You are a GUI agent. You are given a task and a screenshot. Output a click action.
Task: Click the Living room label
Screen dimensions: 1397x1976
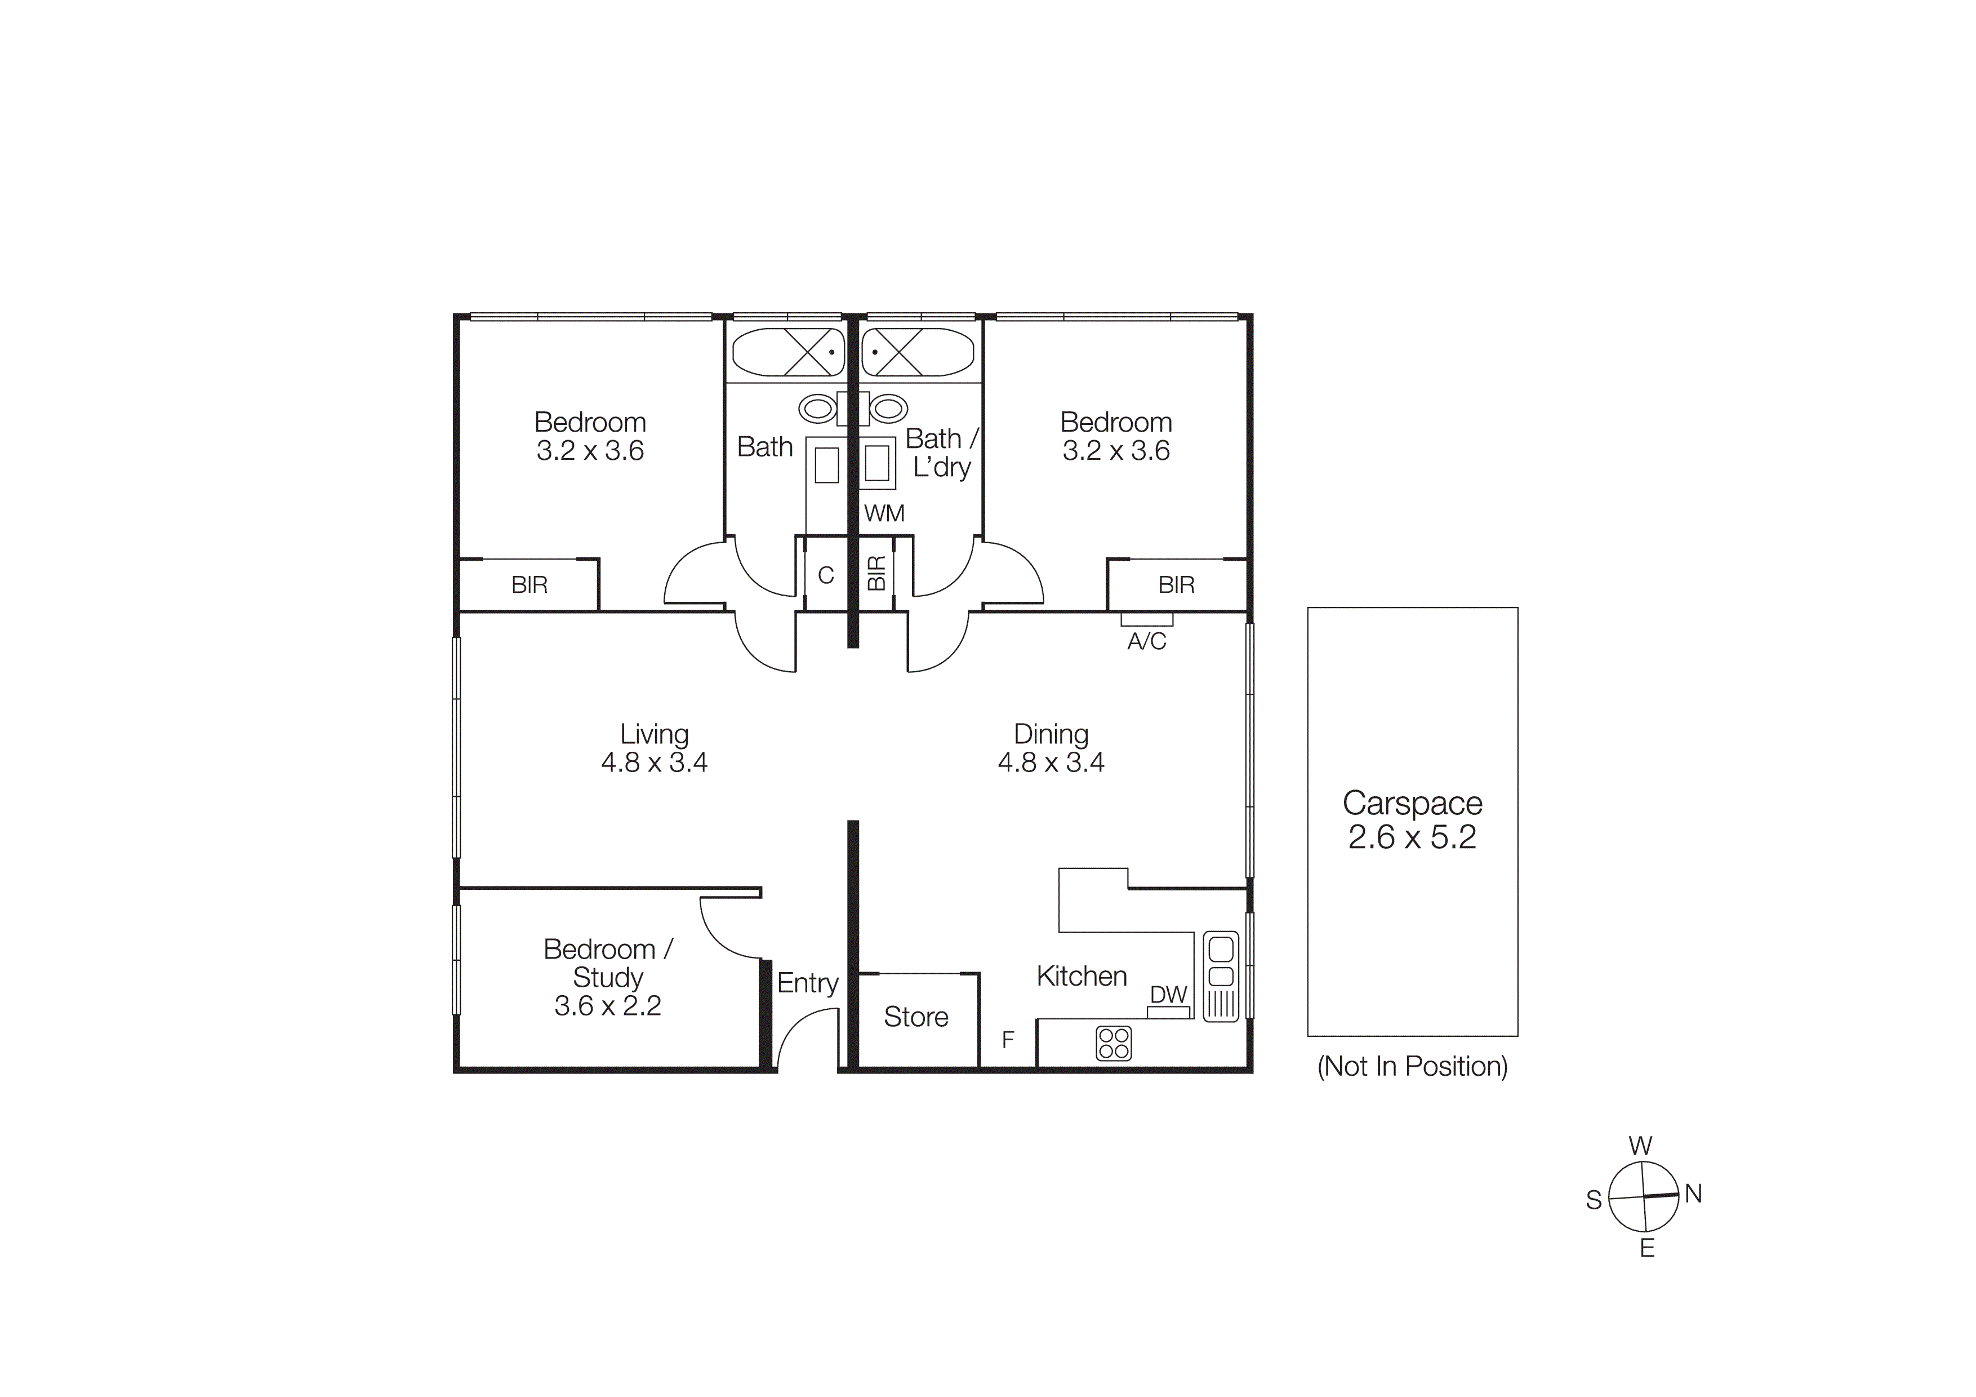tap(654, 747)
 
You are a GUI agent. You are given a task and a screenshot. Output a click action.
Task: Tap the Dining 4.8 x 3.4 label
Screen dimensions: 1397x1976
tap(1051, 747)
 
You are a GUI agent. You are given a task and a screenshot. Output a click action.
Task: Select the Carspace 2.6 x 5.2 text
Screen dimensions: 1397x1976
tap(1412, 819)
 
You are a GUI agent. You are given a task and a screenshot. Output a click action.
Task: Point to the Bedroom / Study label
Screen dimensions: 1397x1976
tap(608, 977)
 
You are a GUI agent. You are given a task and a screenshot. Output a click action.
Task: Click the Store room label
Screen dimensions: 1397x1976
tap(916, 1017)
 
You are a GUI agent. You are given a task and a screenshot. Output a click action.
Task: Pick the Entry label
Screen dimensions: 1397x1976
tap(807, 983)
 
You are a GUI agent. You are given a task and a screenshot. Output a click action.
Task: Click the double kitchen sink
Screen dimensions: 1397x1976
tap(1221, 963)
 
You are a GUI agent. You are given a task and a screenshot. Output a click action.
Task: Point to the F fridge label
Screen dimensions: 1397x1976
tap(1008, 1040)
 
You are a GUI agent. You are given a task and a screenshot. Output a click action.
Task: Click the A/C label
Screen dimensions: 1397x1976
tap(1146, 641)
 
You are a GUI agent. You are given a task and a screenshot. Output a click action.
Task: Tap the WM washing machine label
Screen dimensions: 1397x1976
tap(884, 514)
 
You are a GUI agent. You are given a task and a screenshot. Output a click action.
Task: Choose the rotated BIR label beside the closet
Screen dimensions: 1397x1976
tap(876, 573)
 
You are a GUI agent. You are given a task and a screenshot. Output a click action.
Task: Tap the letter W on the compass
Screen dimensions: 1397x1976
tap(1640, 1146)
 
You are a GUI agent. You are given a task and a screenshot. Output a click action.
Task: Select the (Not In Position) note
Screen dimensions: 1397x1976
tap(1412, 1066)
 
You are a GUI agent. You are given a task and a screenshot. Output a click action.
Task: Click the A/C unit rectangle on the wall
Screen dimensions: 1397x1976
tap(1146, 619)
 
